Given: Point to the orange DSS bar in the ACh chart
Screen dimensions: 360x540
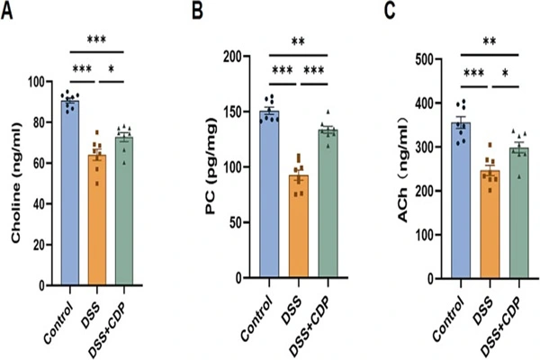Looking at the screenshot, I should (489, 224).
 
